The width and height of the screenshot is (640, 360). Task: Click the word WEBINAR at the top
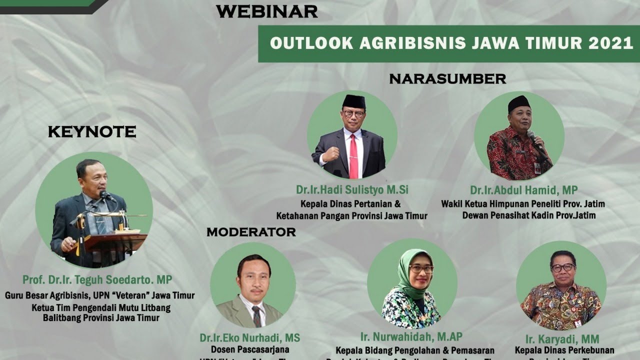[267, 11]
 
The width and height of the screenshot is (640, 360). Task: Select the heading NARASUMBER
[447, 79]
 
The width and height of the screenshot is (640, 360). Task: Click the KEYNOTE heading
[91, 132]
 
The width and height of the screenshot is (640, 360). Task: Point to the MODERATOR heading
[251, 232]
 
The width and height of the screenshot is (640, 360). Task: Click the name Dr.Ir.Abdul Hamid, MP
[523, 190]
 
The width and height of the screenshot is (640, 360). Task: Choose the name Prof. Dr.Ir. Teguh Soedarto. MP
[97, 279]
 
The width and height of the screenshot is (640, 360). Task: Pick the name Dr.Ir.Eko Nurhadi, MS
[250, 338]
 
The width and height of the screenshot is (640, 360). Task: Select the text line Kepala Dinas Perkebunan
[564, 350]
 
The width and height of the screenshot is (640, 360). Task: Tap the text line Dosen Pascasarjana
[250, 350]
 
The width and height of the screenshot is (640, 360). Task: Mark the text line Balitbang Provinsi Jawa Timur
[100, 317]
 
